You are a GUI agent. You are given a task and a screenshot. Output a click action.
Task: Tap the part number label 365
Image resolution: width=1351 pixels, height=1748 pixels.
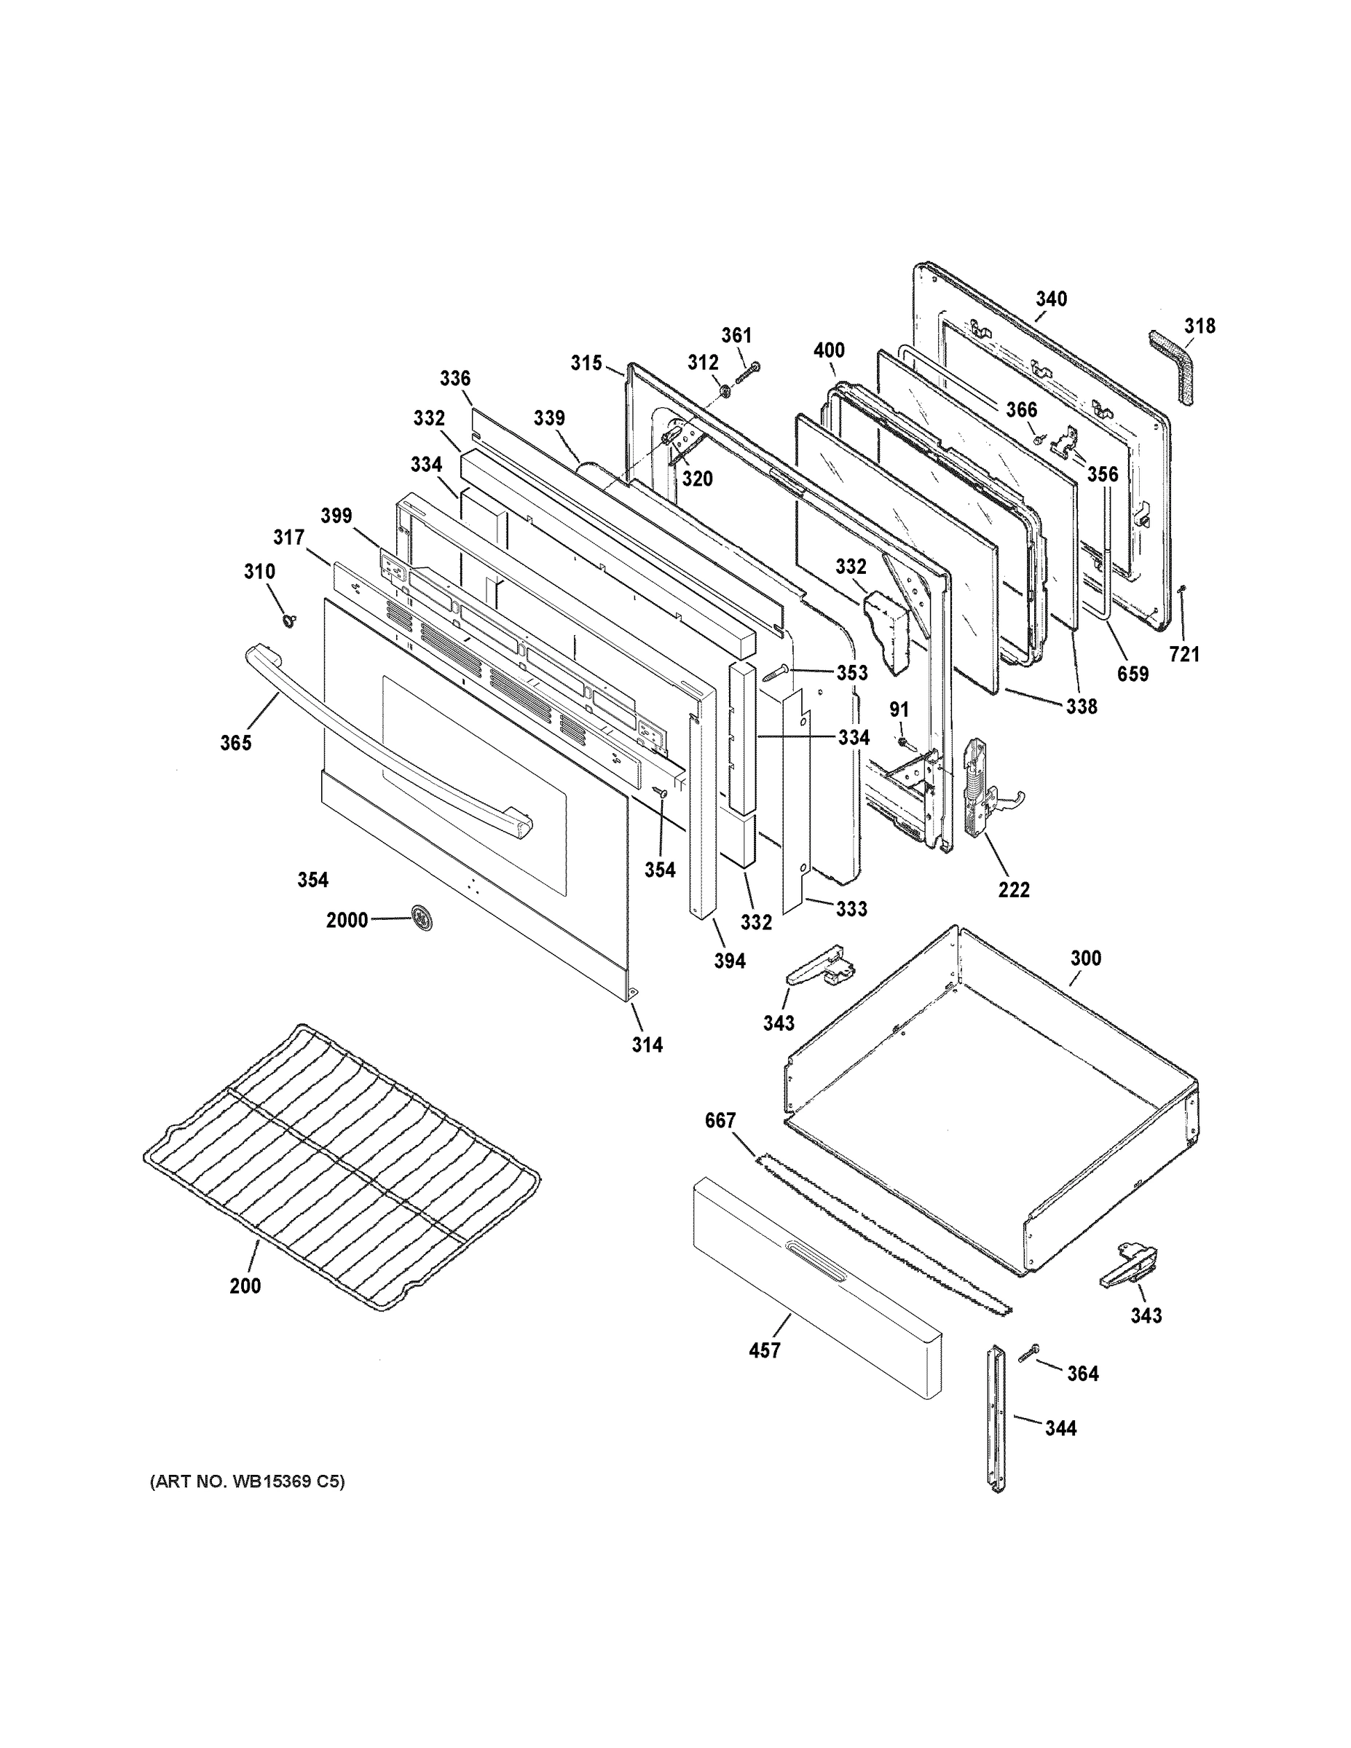(x=236, y=743)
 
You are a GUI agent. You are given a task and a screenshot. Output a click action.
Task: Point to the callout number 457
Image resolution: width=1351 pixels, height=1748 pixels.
(x=763, y=1350)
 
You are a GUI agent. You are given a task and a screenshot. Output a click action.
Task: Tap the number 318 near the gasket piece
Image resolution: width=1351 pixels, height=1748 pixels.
(x=1200, y=326)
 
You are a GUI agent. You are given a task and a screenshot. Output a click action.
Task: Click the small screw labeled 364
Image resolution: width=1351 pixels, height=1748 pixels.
(x=1029, y=1353)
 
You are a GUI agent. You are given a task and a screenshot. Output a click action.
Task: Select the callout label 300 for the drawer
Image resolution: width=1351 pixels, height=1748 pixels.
(x=1085, y=958)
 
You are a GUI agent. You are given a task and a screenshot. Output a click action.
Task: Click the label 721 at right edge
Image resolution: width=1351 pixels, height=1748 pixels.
(x=1184, y=655)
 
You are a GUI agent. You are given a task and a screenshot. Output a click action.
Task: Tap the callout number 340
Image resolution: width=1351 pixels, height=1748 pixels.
(x=1052, y=299)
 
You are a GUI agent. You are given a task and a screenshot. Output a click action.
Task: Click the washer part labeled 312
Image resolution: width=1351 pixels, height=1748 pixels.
(x=725, y=391)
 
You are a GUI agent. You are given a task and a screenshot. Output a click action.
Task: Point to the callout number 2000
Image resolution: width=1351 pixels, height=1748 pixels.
(x=347, y=921)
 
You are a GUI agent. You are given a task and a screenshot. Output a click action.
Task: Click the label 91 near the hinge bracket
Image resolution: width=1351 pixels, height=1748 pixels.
(x=899, y=710)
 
